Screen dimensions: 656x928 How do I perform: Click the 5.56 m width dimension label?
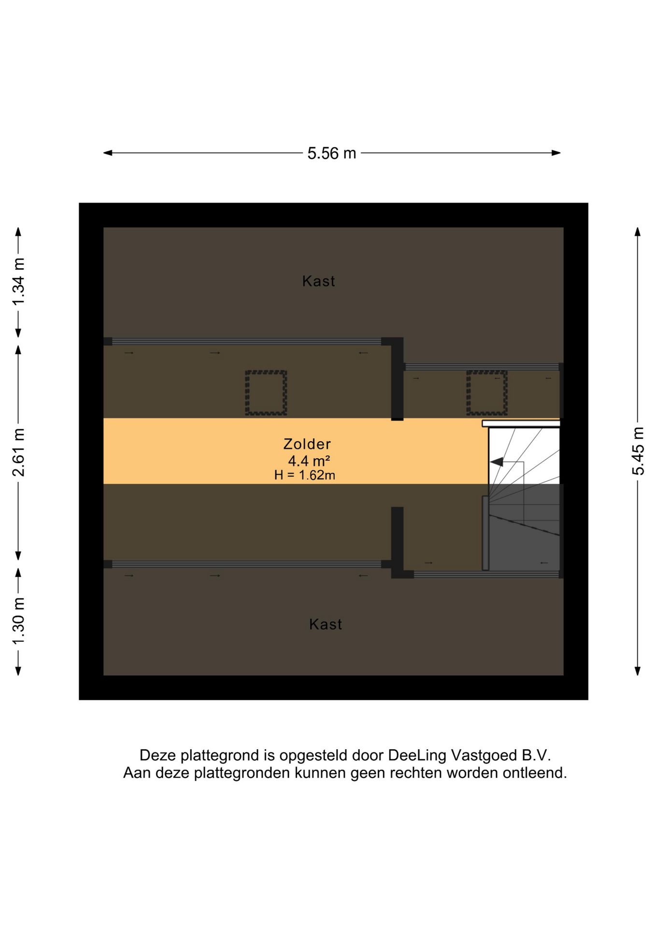[x=332, y=153]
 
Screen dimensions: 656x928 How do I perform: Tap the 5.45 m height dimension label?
[x=638, y=451]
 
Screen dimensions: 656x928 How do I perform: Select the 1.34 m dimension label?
[x=18, y=282]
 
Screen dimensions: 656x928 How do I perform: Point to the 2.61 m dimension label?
[x=18, y=452]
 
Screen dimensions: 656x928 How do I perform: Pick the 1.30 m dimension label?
[x=18, y=621]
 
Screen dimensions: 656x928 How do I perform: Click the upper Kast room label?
[x=319, y=281]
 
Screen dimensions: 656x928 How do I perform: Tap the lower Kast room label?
[x=326, y=624]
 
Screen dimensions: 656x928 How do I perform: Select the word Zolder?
[x=307, y=444]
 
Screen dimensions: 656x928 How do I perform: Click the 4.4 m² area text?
[x=309, y=461]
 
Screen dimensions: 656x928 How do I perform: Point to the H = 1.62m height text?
[x=305, y=475]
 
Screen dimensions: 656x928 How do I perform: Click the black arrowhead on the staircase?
[x=497, y=462]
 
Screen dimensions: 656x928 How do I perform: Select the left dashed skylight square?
[x=266, y=393]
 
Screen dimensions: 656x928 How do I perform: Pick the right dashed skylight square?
[x=487, y=393]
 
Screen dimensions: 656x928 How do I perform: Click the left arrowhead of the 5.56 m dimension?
[x=108, y=153]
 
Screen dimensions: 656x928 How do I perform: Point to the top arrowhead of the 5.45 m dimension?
[x=638, y=232]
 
